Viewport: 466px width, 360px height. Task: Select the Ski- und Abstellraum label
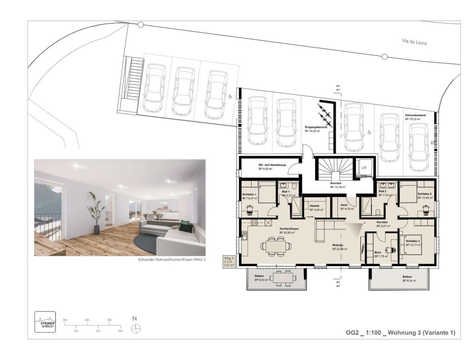coord(272,166)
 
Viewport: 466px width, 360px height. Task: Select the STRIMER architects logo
coord(45,322)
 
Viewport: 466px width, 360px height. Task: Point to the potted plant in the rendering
coord(96,210)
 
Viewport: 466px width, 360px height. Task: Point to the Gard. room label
coord(345,206)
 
